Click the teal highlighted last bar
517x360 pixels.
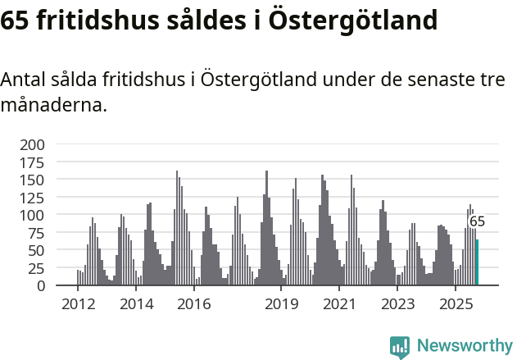477,262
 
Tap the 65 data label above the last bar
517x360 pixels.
477,221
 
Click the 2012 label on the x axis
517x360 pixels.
78,305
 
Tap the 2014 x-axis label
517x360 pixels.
136,305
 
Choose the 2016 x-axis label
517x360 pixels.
193,305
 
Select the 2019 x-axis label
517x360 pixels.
281,305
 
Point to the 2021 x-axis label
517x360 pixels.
339,305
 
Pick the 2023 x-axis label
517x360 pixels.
397,305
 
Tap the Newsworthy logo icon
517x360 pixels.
400,347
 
